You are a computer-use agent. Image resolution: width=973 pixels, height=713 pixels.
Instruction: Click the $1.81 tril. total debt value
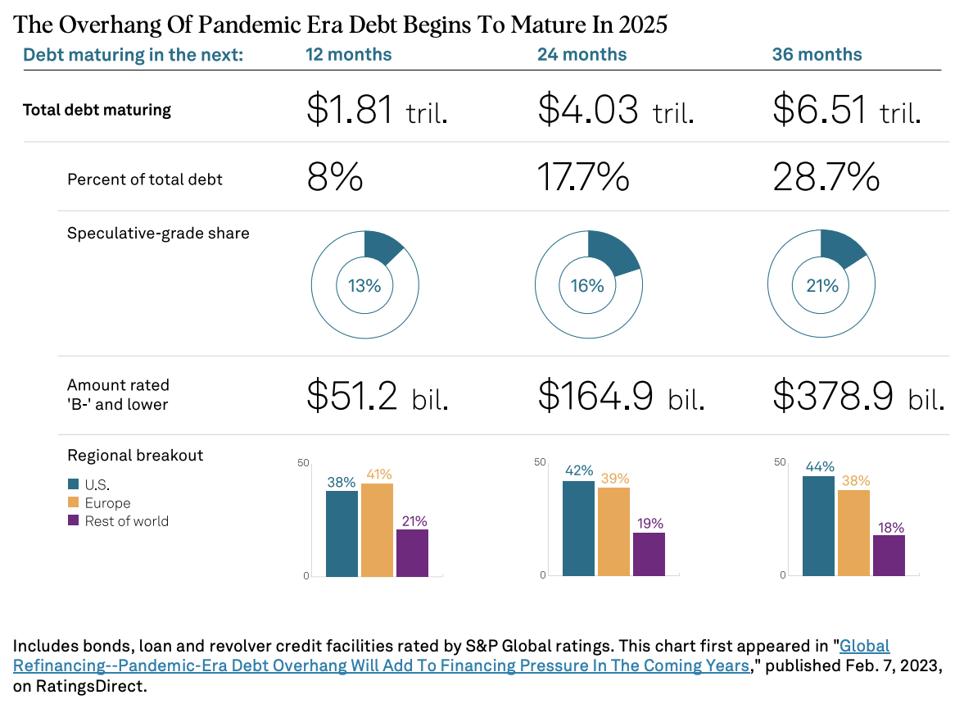click(x=377, y=110)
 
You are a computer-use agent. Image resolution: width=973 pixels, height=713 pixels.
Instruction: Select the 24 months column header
click(x=582, y=55)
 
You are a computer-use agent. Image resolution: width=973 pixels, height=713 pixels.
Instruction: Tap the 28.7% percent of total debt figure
click(x=826, y=177)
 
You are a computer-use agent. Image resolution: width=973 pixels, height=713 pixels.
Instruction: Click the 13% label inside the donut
click(x=364, y=286)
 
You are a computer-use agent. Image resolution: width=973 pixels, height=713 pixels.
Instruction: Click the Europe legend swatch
click(x=74, y=502)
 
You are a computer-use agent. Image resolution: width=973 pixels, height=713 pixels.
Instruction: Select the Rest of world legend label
click(x=126, y=521)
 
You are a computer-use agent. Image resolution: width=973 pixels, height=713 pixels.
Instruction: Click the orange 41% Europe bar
click(x=378, y=530)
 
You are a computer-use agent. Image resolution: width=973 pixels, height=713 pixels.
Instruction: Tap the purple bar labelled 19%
click(x=649, y=554)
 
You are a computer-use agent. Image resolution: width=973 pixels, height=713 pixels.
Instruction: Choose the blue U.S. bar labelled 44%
click(x=818, y=526)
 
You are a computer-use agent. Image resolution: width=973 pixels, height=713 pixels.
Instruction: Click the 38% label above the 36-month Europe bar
click(x=854, y=481)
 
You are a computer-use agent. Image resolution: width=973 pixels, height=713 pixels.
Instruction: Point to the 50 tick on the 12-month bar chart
click(x=304, y=463)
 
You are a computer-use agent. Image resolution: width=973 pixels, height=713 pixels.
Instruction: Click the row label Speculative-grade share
click(x=158, y=234)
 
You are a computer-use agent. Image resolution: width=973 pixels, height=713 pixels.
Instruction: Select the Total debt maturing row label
click(x=97, y=110)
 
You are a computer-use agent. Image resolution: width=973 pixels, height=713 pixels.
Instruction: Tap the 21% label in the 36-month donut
click(x=821, y=286)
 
